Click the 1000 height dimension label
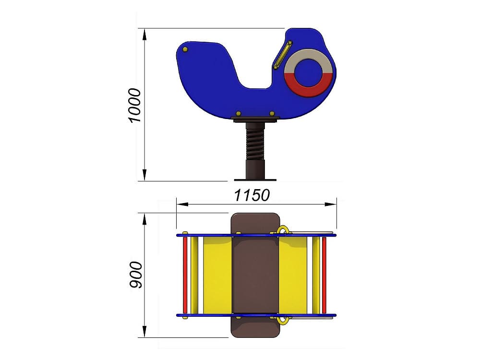pos(135,106)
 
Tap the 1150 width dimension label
pos(252,195)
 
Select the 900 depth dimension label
pos(136,275)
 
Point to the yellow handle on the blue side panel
pos(283,55)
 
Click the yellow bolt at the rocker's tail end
pos(185,49)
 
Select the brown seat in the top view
pos(255,275)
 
